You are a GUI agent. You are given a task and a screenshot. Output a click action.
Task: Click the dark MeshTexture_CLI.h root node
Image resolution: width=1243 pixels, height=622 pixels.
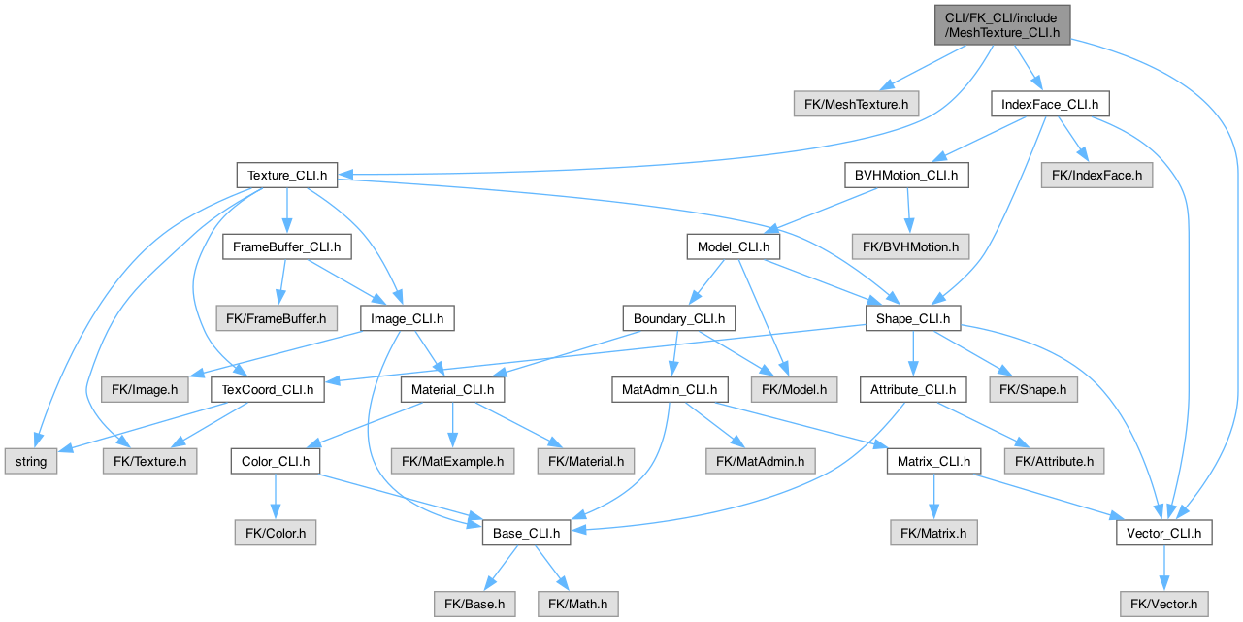(1002, 25)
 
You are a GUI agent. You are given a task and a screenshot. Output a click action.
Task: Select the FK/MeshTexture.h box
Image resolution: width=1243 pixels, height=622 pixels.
(856, 104)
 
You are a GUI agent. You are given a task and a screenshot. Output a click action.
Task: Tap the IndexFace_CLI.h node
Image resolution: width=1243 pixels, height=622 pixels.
(1050, 104)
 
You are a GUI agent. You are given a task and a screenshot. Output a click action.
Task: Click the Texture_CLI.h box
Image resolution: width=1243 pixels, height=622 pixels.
(287, 176)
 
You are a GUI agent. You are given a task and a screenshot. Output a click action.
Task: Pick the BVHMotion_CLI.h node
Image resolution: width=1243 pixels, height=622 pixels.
(906, 176)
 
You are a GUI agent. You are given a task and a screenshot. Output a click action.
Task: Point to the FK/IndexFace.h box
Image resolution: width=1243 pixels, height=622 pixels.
(1096, 176)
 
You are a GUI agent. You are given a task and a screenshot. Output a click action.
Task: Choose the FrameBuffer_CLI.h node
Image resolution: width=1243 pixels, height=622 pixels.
(287, 246)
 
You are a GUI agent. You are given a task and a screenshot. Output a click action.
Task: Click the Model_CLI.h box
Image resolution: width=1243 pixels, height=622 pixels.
(733, 246)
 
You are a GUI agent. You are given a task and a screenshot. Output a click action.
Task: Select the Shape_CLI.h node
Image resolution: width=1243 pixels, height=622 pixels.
(913, 318)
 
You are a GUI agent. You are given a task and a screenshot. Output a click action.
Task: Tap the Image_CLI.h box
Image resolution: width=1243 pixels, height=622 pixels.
(408, 318)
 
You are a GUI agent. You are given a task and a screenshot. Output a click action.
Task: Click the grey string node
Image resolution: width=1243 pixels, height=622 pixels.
(31, 461)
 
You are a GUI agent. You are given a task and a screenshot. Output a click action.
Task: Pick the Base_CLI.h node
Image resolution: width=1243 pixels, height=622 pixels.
(526, 533)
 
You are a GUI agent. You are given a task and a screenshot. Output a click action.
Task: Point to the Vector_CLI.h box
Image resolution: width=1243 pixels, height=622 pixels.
(1163, 533)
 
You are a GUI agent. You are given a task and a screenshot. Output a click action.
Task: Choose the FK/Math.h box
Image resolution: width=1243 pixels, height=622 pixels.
(577, 604)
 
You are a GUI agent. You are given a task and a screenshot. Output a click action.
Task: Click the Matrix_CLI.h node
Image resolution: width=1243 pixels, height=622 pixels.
(933, 461)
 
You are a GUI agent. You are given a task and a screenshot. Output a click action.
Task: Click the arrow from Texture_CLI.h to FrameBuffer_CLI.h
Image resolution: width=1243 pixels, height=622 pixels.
(287, 211)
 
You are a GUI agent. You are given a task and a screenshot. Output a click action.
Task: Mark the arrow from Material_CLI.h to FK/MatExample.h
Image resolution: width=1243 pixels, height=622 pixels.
(453, 425)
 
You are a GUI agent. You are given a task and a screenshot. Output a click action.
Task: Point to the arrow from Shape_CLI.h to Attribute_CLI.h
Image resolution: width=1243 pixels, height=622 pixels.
(913, 354)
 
